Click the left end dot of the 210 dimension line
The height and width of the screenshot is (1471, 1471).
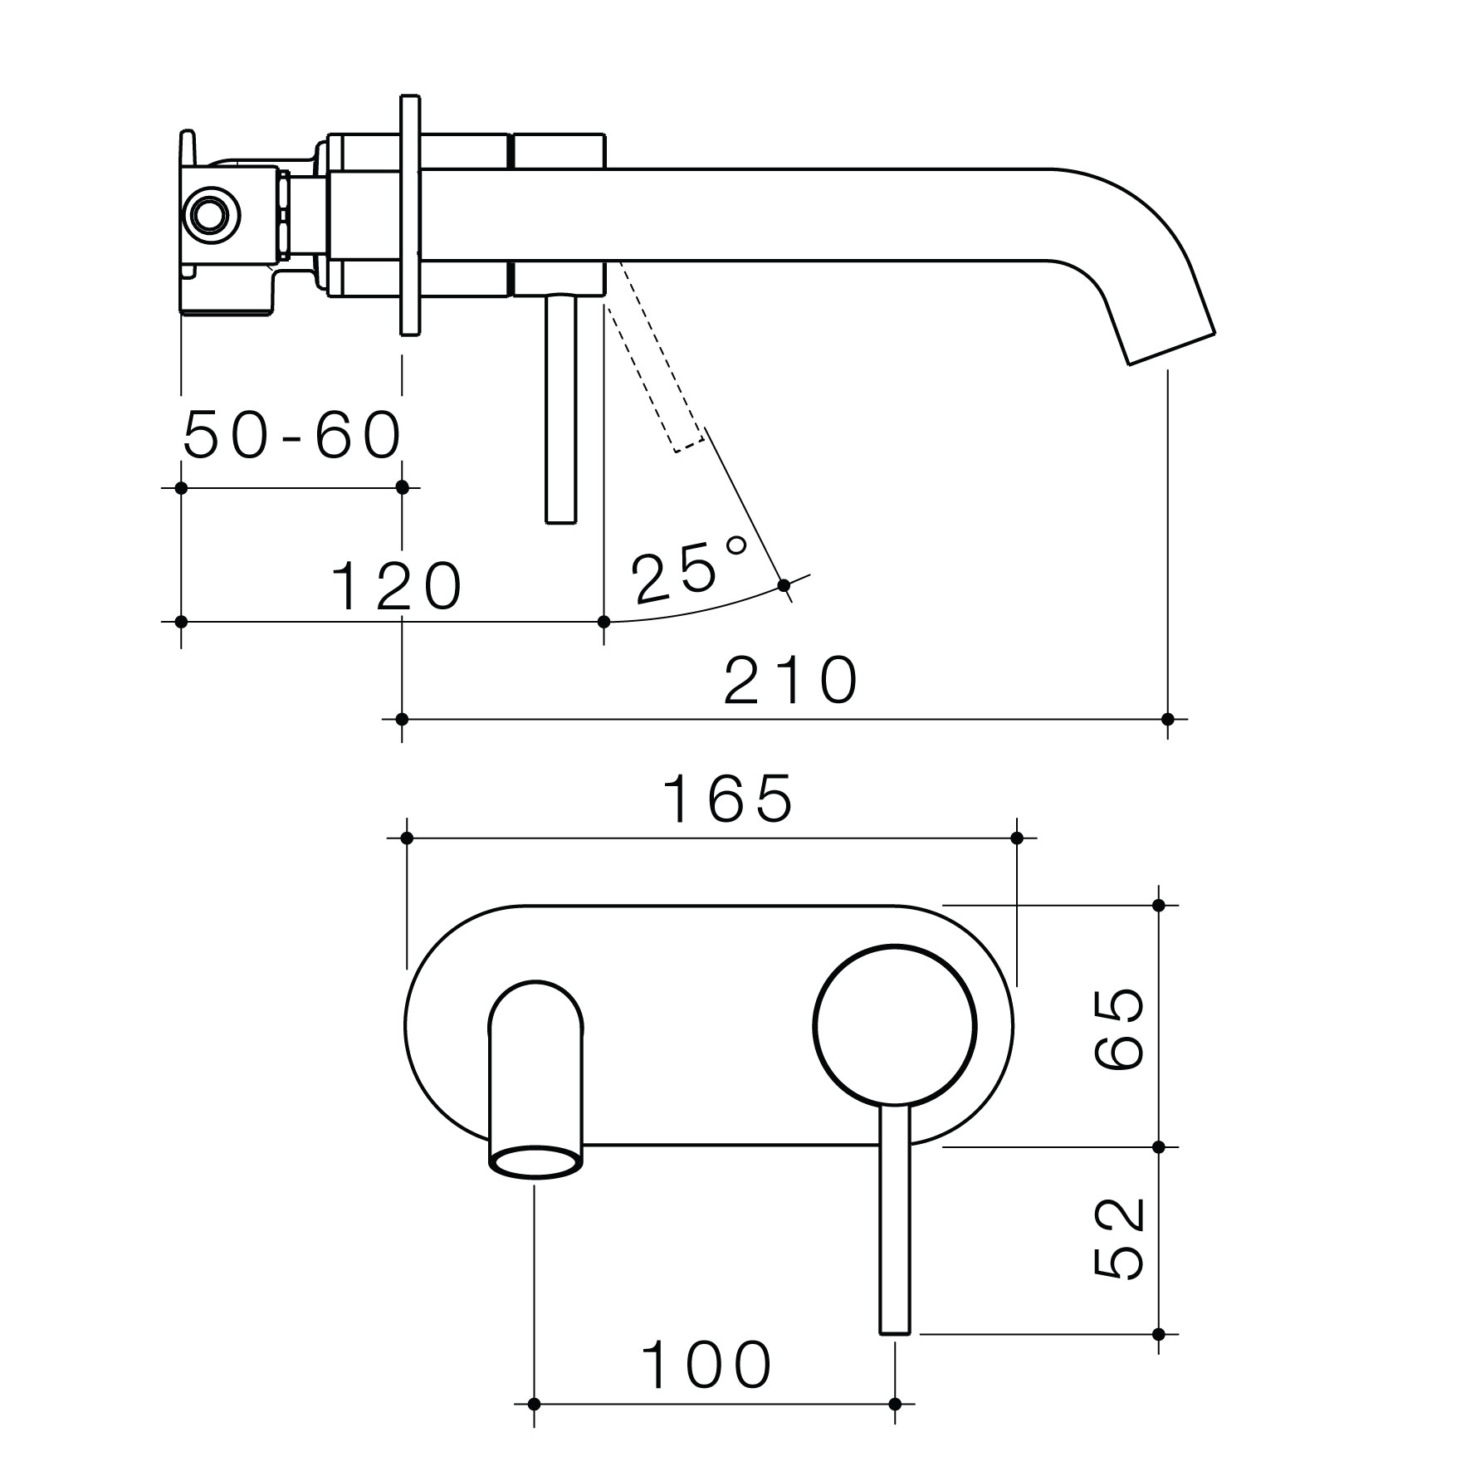(x=403, y=719)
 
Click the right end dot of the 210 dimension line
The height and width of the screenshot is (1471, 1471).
(x=1168, y=719)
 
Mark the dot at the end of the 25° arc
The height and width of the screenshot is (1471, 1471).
(x=784, y=586)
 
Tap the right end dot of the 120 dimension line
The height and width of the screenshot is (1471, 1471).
(x=604, y=621)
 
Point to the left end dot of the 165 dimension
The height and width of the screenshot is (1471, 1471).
(x=407, y=838)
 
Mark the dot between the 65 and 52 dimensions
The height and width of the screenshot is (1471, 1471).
(x=1160, y=1147)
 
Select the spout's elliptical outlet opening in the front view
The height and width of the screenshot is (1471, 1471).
(x=535, y=1162)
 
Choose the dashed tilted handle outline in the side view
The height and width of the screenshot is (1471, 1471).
(x=656, y=357)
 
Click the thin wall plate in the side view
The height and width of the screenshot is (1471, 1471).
(x=410, y=215)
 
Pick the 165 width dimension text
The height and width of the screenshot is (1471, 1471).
(x=728, y=799)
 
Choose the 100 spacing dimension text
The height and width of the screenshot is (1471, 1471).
(x=707, y=1366)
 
